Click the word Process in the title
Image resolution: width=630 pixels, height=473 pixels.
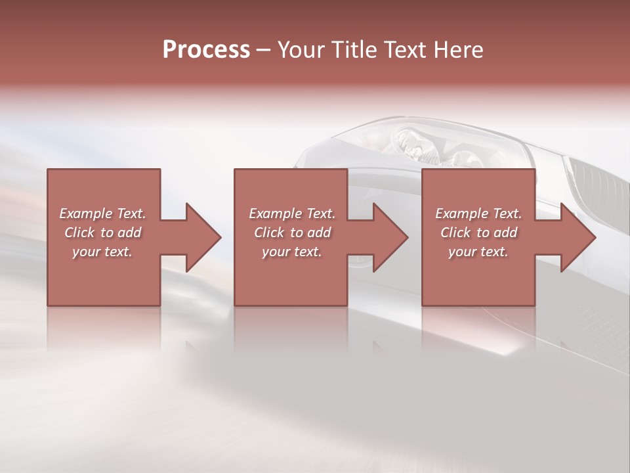coord(206,50)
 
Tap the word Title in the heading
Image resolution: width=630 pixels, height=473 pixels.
coord(356,50)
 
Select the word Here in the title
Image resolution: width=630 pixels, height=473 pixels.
coord(457,50)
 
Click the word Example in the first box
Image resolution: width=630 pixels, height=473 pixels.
coord(86,214)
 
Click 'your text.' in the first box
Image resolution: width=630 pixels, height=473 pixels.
coord(102,252)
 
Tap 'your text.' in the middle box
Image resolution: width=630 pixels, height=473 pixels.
coord(292,252)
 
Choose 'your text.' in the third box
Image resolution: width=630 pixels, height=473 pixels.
coord(478,252)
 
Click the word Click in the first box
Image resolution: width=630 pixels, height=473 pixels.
coord(79,233)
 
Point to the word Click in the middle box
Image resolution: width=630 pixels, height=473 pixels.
coord(269,233)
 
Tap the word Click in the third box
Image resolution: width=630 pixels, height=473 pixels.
coord(455,233)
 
